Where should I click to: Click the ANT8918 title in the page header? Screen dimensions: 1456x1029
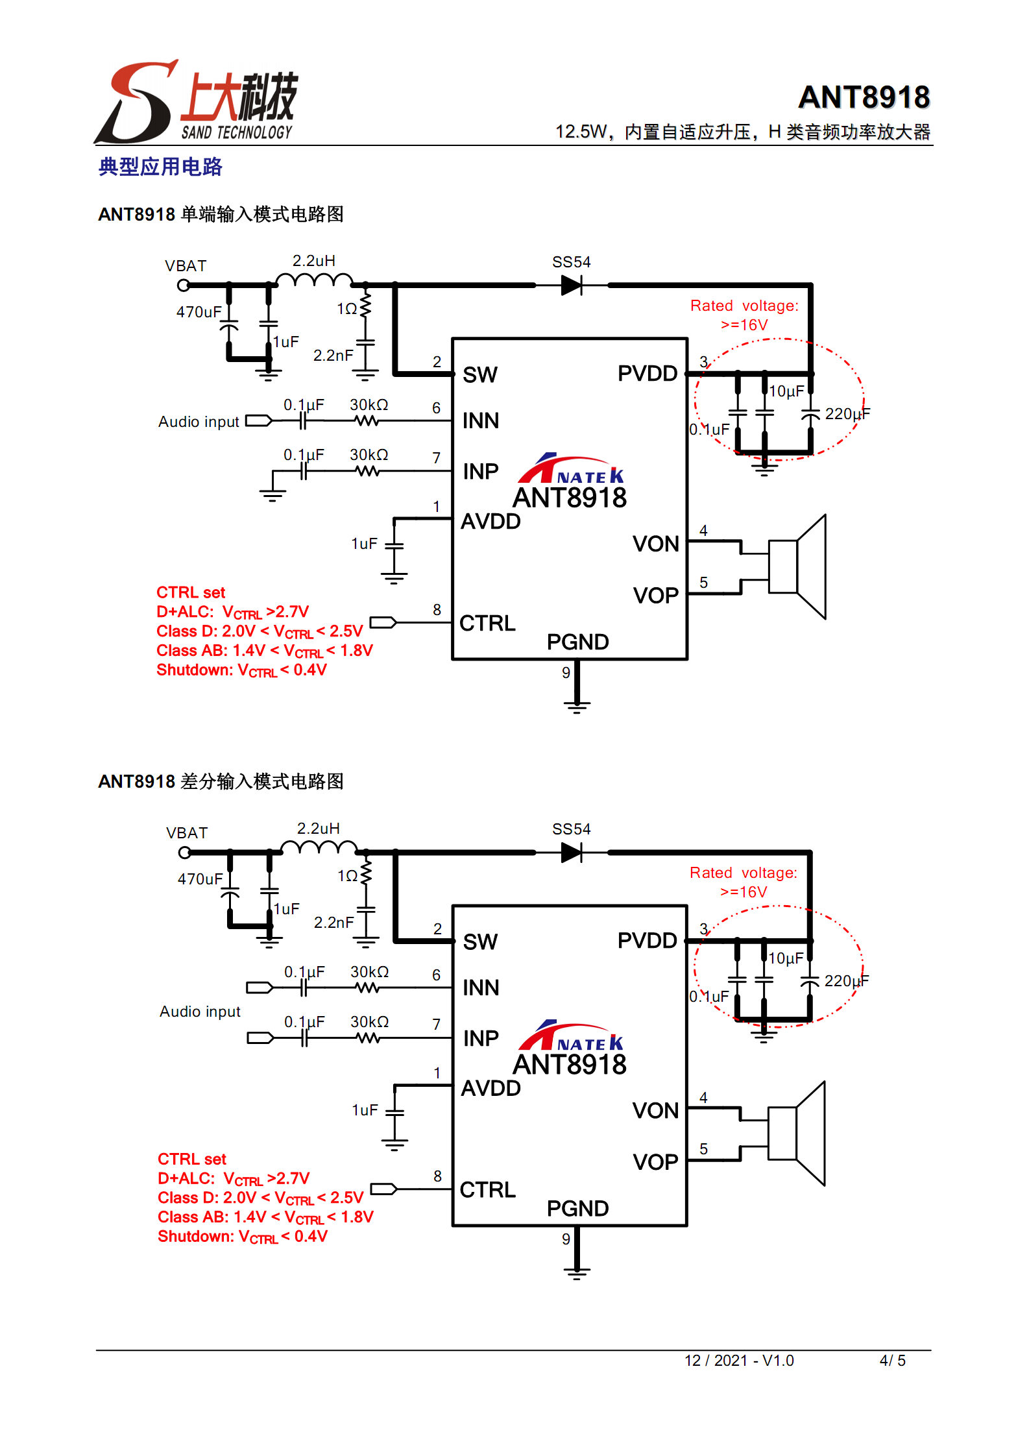point(864,97)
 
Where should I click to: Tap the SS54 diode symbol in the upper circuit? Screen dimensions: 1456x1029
point(572,285)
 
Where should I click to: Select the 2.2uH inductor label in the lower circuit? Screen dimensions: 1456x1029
point(318,829)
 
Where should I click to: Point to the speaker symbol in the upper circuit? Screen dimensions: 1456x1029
point(798,567)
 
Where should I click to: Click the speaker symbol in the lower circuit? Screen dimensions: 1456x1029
point(797,1134)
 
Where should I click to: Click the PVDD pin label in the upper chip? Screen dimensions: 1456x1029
point(647,374)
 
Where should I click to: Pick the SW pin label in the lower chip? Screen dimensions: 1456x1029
point(480,942)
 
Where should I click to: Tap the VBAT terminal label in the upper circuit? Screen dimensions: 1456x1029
point(186,266)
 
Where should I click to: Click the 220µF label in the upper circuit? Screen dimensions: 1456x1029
point(847,414)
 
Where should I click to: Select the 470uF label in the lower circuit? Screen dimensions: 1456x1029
point(200,879)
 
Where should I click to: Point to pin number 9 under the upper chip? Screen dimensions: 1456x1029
point(566,673)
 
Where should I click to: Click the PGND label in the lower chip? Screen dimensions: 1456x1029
point(577,1209)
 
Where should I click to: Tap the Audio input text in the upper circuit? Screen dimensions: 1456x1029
point(199,422)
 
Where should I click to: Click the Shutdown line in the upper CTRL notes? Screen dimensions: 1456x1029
point(241,670)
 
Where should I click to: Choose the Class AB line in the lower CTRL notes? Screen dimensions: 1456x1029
point(265,1217)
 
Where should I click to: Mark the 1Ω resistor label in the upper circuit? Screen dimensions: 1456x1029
point(346,309)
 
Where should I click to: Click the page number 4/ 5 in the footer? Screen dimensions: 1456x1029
point(892,1361)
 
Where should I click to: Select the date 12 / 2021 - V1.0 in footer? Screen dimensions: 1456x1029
point(739,1361)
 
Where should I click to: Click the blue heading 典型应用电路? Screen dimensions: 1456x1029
point(160,167)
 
